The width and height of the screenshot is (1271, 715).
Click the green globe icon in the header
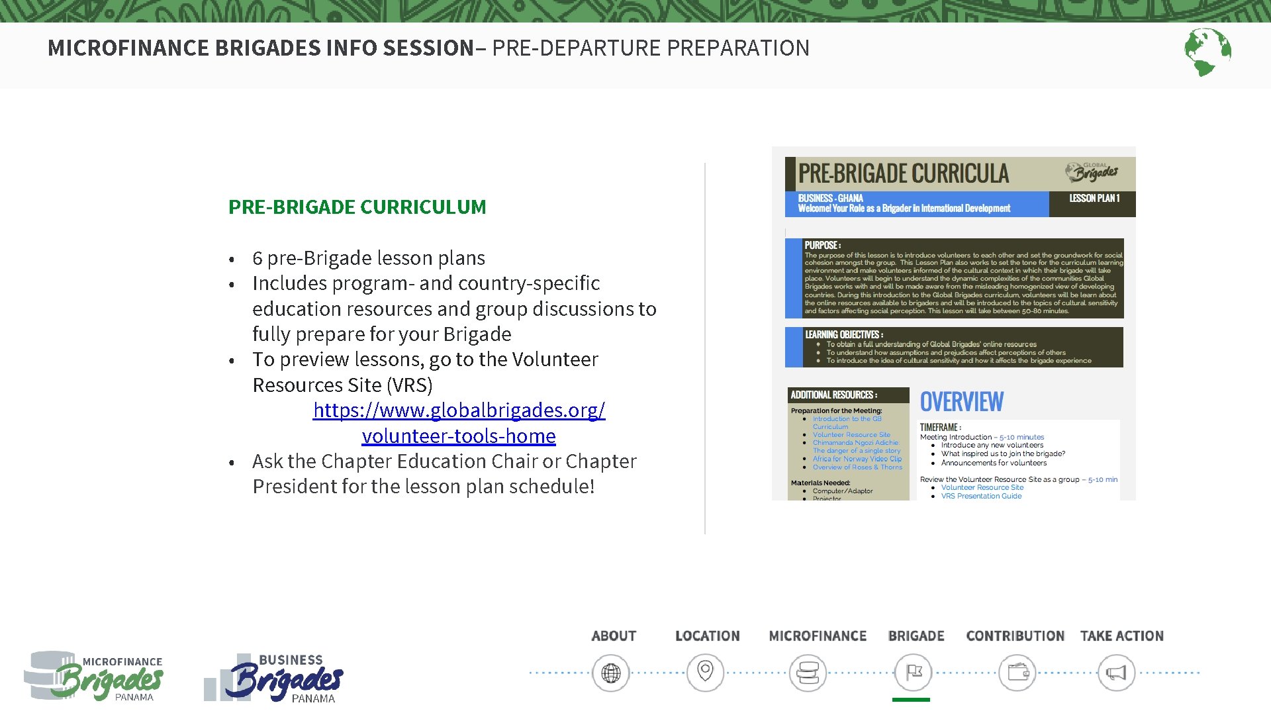click(x=1207, y=52)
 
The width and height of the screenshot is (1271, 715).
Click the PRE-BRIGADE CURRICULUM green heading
click(x=357, y=207)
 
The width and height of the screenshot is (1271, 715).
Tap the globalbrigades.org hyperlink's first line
click(x=459, y=410)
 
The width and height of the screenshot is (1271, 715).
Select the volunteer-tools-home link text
click(x=459, y=436)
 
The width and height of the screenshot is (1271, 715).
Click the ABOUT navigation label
click(x=614, y=636)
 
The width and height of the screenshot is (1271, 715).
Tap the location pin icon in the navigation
click(x=706, y=673)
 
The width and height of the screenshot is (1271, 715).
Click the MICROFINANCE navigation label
click(x=818, y=636)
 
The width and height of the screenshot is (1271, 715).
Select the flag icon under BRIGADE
click(x=914, y=673)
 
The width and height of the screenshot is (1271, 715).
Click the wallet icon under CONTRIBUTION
click(x=1017, y=673)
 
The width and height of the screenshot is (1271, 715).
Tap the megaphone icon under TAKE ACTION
click(x=1116, y=673)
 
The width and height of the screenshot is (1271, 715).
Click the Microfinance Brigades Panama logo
click(x=95, y=676)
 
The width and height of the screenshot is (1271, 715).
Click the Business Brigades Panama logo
click(x=275, y=677)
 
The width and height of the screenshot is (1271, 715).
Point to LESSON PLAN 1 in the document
click(x=1094, y=199)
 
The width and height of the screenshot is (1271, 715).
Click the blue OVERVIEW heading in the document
click(x=961, y=402)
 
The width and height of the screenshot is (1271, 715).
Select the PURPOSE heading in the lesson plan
click(x=822, y=246)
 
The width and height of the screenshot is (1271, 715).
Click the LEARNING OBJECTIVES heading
click(x=843, y=335)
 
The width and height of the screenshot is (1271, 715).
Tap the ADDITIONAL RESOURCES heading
click(x=833, y=395)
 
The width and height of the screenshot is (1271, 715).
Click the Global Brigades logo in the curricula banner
click(x=1092, y=172)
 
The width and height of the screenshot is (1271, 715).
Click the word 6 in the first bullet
click(x=258, y=258)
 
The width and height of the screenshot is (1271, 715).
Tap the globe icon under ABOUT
click(x=610, y=673)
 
